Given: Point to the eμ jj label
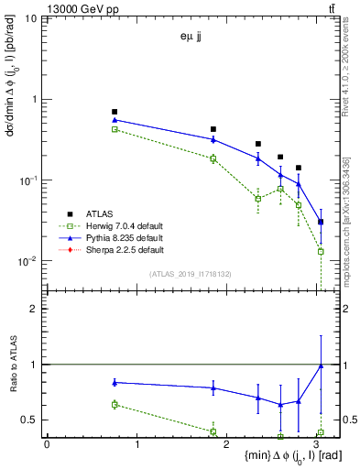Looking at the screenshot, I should [x=190, y=38].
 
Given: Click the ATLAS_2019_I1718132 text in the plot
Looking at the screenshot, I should [x=190, y=274].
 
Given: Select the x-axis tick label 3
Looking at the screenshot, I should [x=316, y=444].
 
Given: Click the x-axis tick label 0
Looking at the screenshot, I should [x=47, y=444].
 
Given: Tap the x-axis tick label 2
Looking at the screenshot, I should [x=226, y=444].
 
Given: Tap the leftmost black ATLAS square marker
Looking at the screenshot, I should [x=115, y=112].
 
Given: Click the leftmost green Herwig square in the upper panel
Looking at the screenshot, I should [x=115, y=129].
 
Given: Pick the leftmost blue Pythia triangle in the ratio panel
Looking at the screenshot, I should [x=115, y=382].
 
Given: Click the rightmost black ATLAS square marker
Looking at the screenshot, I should [x=321, y=222].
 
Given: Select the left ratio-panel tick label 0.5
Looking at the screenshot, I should [x=31, y=420].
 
